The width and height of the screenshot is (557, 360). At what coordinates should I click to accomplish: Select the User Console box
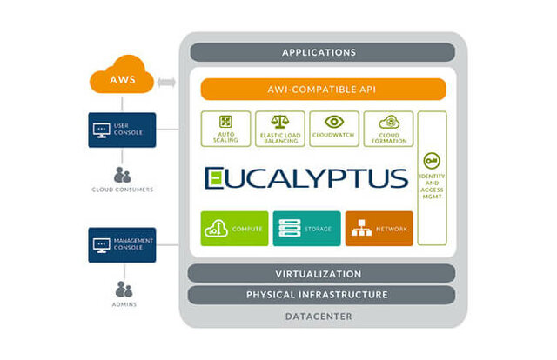[122, 130]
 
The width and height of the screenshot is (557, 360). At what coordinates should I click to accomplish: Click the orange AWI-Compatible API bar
[323, 89]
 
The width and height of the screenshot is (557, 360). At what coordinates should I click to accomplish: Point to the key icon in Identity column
[431, 162]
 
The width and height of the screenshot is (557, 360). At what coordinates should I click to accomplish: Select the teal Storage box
[306, 229]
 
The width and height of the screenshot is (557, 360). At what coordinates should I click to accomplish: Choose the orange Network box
[379, 229]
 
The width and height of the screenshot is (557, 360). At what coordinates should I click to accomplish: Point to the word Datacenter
[319, 317]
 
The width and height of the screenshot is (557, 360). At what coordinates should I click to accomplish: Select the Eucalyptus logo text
[305, 178]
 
